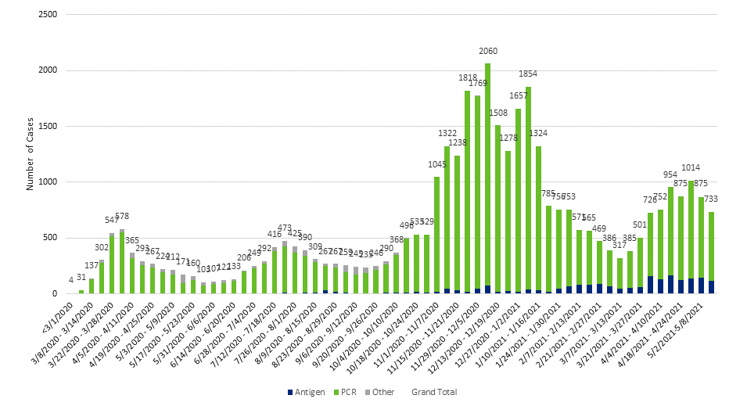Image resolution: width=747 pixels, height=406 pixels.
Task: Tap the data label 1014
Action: [691, 167]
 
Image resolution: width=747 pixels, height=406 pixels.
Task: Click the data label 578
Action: [122, 216]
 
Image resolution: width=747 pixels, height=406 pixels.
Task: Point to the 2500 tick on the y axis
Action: [46, 15]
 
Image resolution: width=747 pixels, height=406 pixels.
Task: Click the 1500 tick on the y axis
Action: [46, 127]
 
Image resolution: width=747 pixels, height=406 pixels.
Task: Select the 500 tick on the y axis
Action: [48, 238]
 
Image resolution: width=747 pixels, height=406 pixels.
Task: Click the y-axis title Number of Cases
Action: [31, 154]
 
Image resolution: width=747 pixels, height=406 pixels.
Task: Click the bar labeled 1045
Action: [436, 235]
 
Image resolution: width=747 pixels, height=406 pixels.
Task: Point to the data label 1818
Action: [467, 78]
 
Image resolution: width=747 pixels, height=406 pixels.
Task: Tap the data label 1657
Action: [518, 96]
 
